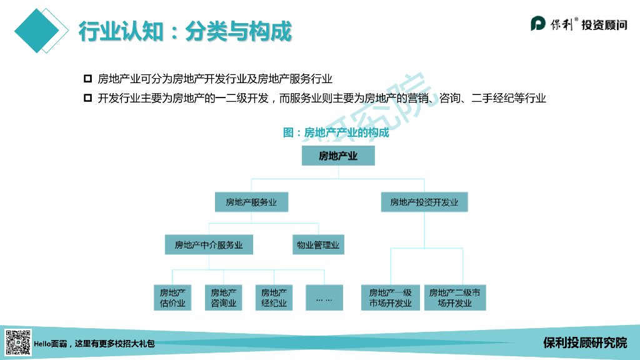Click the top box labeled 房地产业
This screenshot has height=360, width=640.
[338, 156]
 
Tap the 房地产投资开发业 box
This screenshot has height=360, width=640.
[424, 202]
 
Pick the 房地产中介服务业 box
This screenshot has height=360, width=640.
[209, 245]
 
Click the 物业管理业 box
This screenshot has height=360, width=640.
[318, 245]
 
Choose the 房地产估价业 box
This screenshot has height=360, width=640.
[172, 297]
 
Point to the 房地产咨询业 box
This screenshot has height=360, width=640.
[223, 297]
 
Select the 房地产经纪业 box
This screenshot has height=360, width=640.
[274, 297]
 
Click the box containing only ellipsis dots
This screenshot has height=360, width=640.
[324, 297]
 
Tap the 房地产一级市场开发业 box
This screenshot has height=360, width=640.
[391, 297]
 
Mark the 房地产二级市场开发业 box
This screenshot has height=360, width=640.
[455, 297]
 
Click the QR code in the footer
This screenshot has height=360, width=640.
[17, 342]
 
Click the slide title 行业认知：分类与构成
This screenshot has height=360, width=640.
[185, 31]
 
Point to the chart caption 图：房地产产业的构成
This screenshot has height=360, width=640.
[336, 132]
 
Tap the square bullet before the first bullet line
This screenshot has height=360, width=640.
[87, 79]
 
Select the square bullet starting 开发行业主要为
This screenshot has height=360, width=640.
[87, 98]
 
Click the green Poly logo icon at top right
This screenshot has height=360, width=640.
[539, 24]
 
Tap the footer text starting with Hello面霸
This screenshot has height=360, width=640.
[94, 343]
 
